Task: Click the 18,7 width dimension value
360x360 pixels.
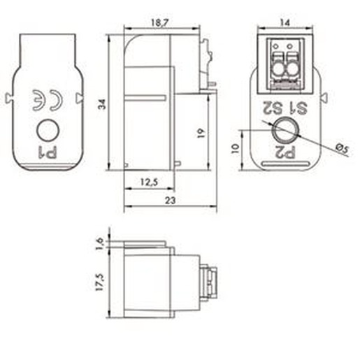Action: click(159, 23)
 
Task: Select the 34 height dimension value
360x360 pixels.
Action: click(102, 104)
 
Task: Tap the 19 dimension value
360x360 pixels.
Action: click(201, 134)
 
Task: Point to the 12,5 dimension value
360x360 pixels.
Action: click(149, 182)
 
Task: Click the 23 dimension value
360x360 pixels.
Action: click(171, 201)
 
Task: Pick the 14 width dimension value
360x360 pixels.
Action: click(285, 22)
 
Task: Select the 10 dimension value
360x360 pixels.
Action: click(236, 148)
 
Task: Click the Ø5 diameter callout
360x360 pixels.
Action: click(343, 149)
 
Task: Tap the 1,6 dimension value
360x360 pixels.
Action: click(99, 244)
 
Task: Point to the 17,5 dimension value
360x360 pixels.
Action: click(99, 282)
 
